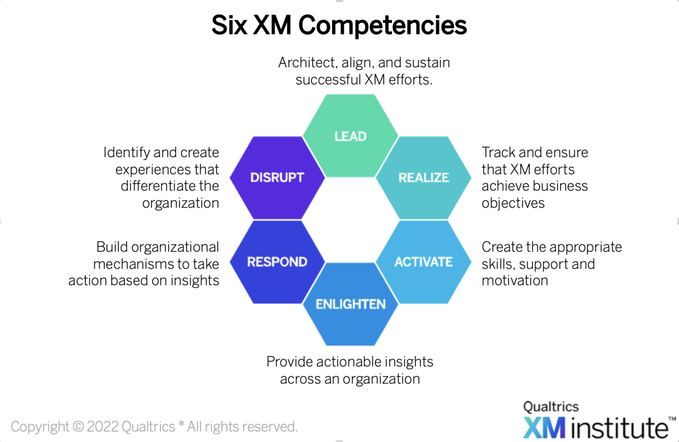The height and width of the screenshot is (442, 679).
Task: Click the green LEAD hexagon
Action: (x=350, y=136)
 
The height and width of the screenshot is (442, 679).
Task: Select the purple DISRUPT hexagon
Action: (x=277, y=177)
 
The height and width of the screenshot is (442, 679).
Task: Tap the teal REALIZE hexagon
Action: (x=423, y=177)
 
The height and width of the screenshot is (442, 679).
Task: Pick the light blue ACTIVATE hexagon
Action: (x=423, y=262)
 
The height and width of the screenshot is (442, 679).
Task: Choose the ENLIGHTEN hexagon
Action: (x=350, y=304)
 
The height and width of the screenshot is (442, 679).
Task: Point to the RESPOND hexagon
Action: (x=277, y=262)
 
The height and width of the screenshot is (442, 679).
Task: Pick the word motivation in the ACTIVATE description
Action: (x=515, y=280)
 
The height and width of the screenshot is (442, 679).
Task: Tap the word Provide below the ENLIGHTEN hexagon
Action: (x=292, y=362)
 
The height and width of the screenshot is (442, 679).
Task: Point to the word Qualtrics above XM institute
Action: (x=551, y=406)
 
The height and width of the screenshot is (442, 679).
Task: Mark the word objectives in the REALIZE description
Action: (x=513, y=203)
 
